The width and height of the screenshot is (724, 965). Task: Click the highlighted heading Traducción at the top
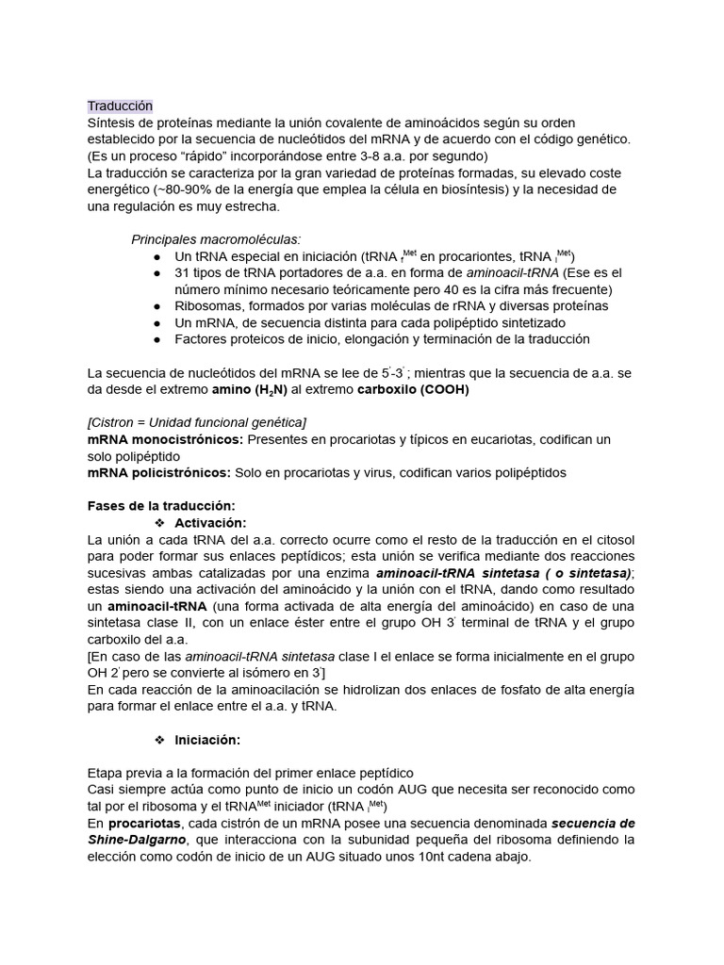(120, 106)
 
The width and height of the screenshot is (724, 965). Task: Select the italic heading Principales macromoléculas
(216, 239)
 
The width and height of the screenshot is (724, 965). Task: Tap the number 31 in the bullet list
(182, 272)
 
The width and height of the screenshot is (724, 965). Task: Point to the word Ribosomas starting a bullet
(206, 306)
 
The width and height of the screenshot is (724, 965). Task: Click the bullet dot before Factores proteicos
(156, 339)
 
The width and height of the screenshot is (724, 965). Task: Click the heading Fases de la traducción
(160, 506)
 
